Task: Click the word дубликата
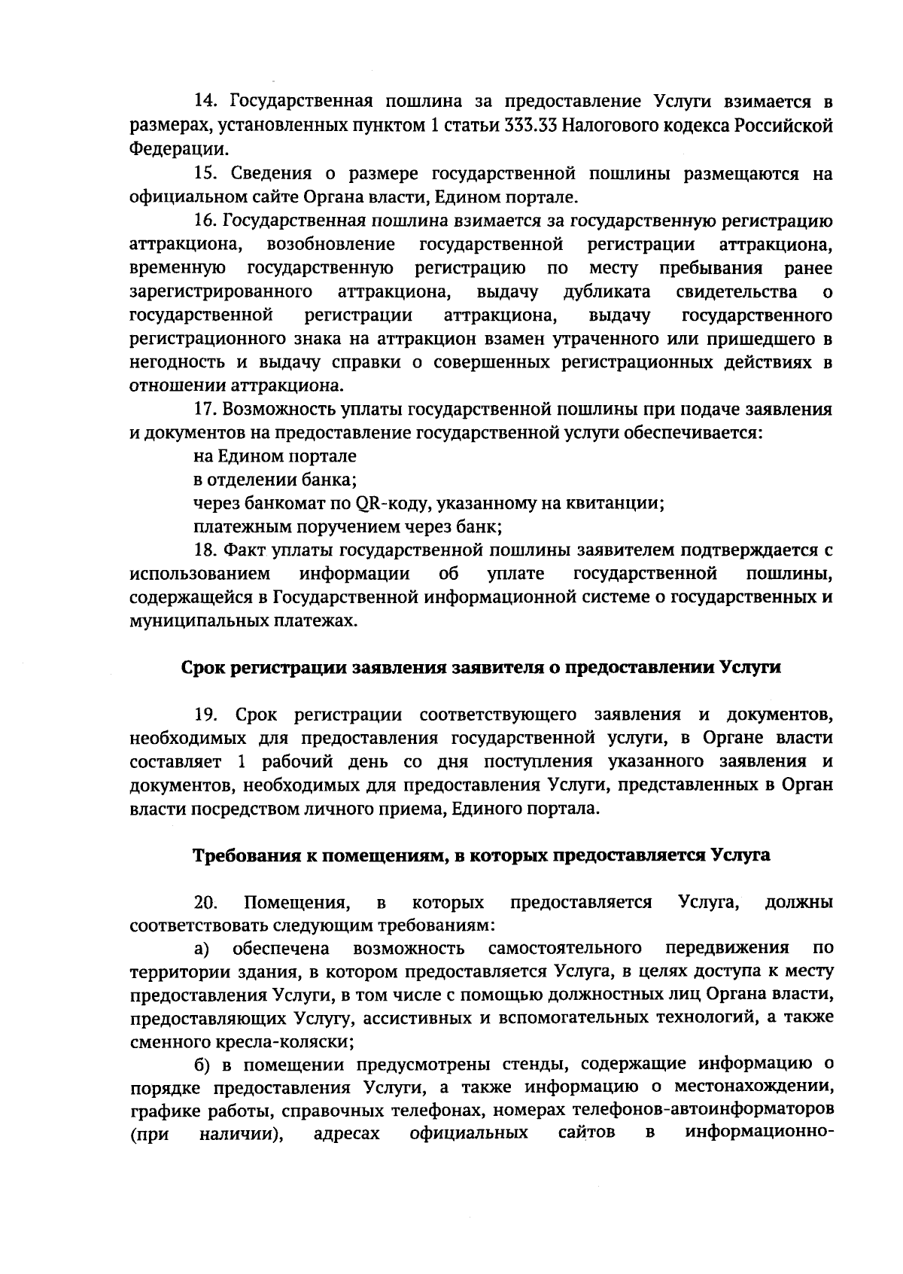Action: [x=607, y=291]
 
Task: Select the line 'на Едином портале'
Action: [x=275, y=456]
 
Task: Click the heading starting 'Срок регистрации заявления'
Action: [x=482, y=668]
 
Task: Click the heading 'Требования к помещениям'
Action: [x=482, y=855]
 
